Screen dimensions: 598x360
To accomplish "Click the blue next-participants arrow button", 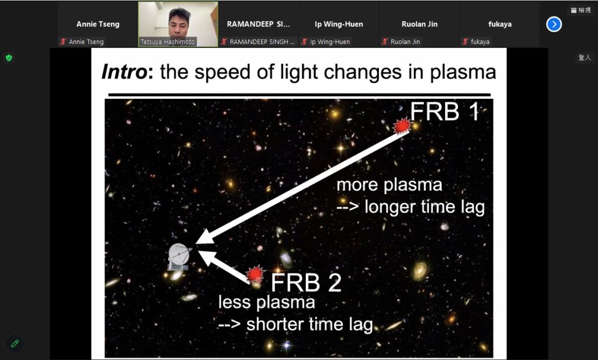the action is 554,25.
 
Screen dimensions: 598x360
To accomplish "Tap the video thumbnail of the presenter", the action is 178,24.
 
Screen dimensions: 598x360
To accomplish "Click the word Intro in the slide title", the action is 124,72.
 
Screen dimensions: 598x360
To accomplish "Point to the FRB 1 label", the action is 444,112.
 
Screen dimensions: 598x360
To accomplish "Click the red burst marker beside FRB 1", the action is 402,126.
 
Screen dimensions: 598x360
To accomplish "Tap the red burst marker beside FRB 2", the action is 255,274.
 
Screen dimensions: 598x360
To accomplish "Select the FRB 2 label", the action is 306,283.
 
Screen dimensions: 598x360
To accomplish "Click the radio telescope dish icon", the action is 179,256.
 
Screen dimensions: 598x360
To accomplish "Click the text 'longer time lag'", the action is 425,207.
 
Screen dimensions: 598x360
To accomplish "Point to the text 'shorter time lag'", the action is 310,325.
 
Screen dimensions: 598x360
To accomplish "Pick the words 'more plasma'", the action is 390,185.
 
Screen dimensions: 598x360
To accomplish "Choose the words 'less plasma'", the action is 266,303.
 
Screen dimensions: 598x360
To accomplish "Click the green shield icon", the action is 9,58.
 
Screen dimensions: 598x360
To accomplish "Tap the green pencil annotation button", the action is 15,344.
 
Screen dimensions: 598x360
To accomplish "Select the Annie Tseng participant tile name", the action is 98,24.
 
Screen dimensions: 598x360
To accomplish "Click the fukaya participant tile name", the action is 500,24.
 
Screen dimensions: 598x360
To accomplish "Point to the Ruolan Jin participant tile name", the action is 419,24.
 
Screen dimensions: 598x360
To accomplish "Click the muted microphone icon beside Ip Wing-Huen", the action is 304,41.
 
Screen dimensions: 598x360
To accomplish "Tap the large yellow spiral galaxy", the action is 420,270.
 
